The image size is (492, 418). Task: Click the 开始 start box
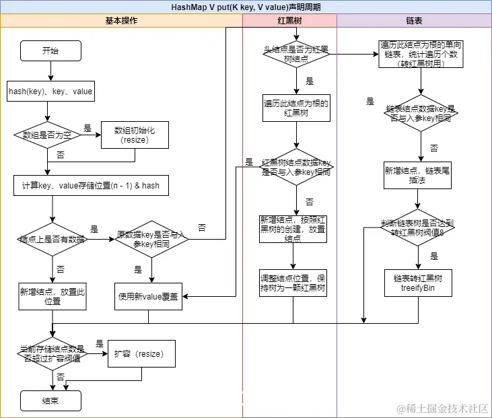point(50,50)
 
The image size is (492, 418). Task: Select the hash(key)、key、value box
point(50,91)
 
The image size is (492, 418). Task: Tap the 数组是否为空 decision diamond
point(47,135)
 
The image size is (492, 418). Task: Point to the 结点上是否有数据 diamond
point(52,239)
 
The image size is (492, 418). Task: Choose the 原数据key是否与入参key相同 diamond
point(151,239)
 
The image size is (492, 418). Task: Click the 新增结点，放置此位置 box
point(52,296)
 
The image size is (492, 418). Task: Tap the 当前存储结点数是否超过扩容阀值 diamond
point(52,353)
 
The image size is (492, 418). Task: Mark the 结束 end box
point(50,400)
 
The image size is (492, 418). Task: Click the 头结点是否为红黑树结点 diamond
point(296,54)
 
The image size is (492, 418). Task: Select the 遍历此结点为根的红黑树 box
point(296,108)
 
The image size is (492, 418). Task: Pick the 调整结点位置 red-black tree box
point(293,283)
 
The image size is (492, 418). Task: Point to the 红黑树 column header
point(289,21)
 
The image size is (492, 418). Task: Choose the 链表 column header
point(414,21)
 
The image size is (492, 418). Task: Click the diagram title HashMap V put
point(246,7)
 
